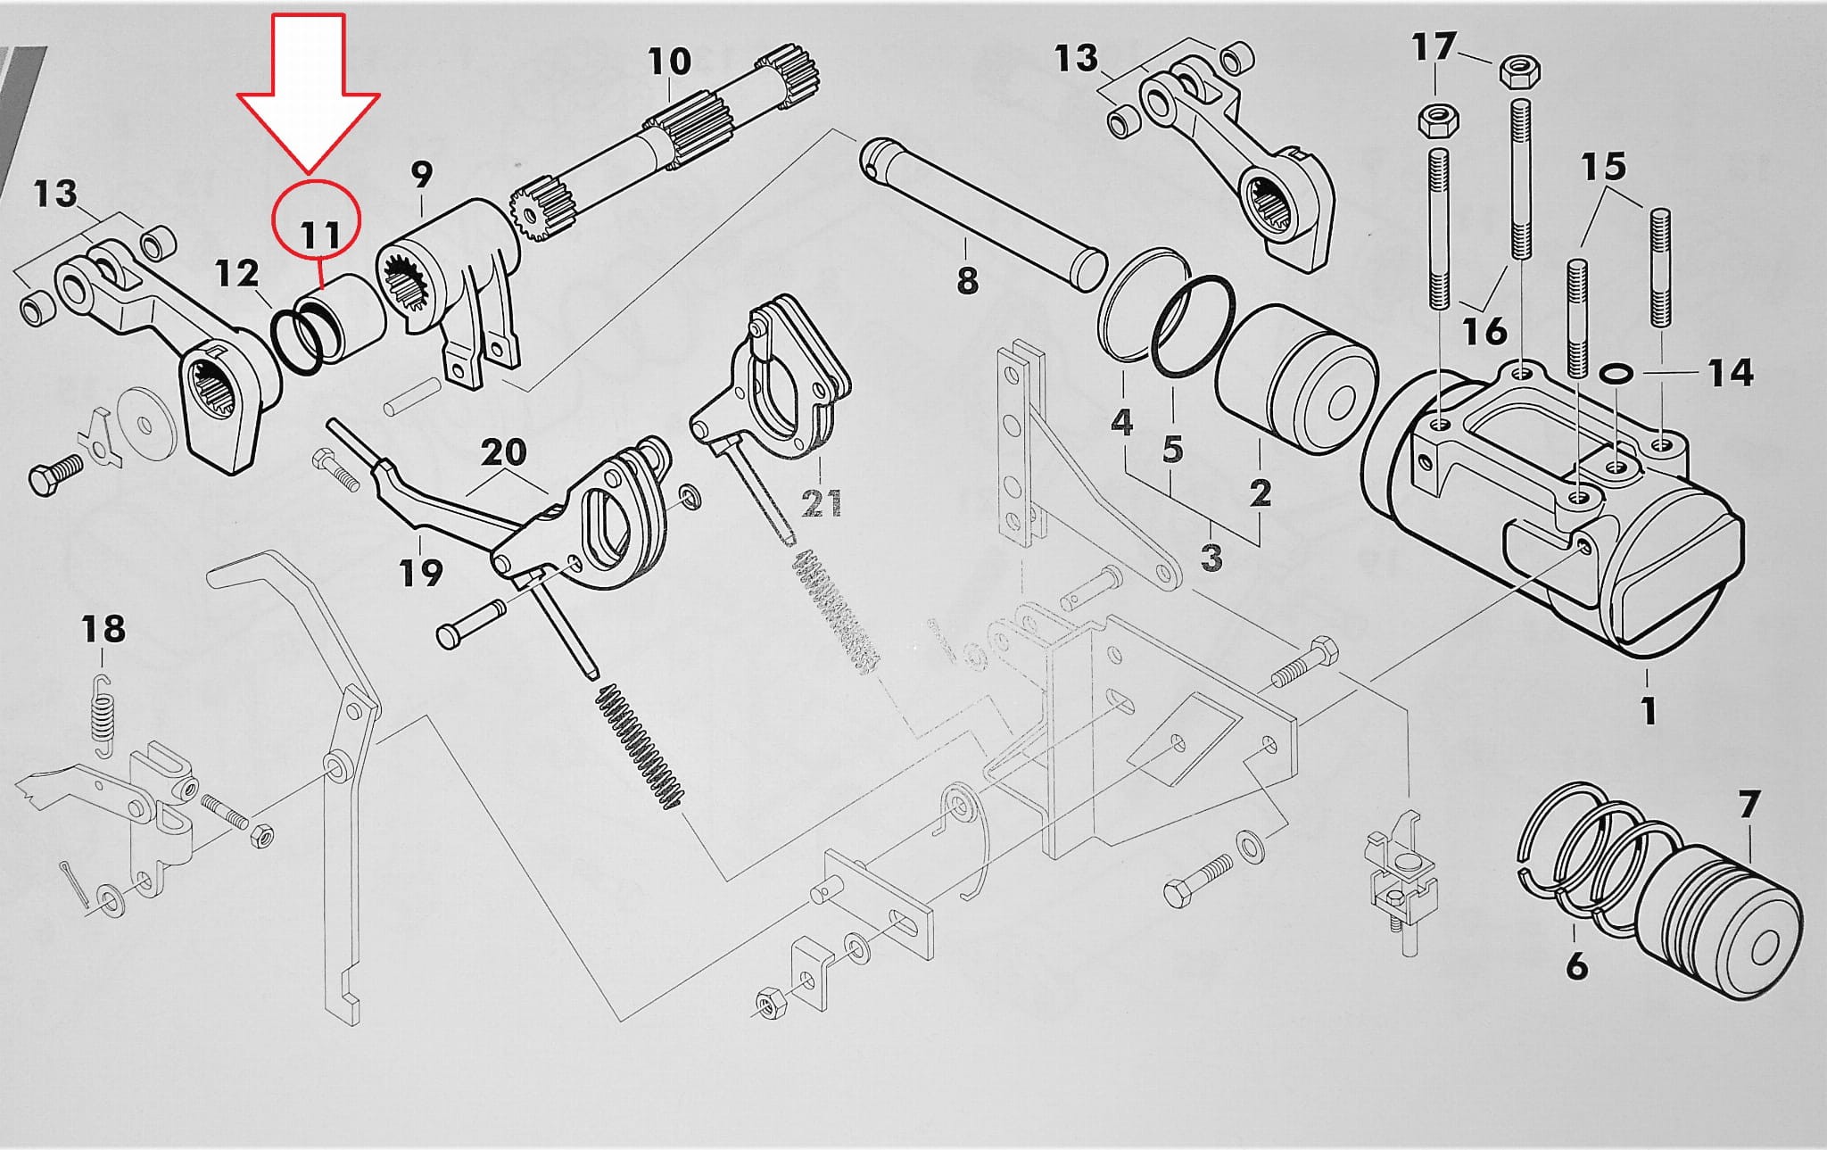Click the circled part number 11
(x=319, y=235)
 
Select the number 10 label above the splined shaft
(x=668, y=62)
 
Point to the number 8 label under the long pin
(x=967, y=281)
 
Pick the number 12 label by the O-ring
(x=236, y=273)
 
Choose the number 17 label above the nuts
(x=1434, y=46)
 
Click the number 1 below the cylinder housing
(x=1648, y=710)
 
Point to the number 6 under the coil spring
(x=1576, y=965)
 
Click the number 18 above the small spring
(x=103, y=629)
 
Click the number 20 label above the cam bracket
(x=503, y=452)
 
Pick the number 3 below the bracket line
(x=1211, y=557)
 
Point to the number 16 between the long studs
(x=1484, y=331)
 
